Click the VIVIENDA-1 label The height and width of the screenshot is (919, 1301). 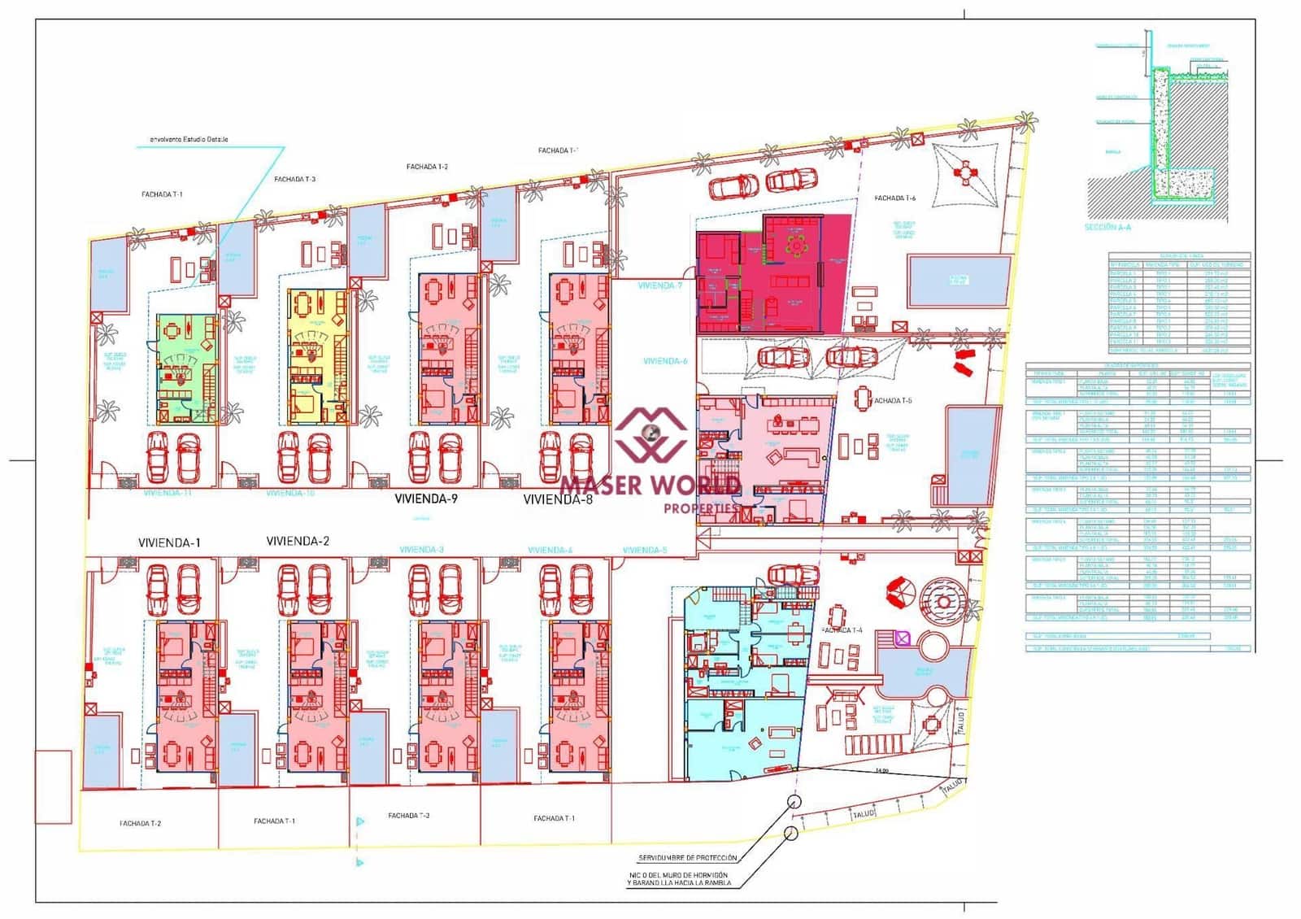[x=169, y=542]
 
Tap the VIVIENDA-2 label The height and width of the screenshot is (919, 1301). [x=298, y=541]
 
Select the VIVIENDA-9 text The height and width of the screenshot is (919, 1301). [x=426, y=499]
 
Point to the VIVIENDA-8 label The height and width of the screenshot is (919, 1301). [x=558, y=499]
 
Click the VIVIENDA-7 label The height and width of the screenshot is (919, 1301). [x=660, y=286]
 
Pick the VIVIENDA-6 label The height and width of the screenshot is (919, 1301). [x=665, y=361]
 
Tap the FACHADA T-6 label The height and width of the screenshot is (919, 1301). [x=894, y=198]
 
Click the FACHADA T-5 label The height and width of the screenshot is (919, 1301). [x=892, y=401]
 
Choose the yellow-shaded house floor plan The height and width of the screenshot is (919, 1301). [x=318, y=356]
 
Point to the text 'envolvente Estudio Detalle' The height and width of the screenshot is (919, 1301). [x=189, y=139]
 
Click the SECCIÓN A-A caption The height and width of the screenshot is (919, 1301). [x=1107, y=227]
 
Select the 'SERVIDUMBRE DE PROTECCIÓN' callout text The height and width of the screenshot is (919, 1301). [x=688, y=858]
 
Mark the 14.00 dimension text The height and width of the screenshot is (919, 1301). [x=882, y=769]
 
